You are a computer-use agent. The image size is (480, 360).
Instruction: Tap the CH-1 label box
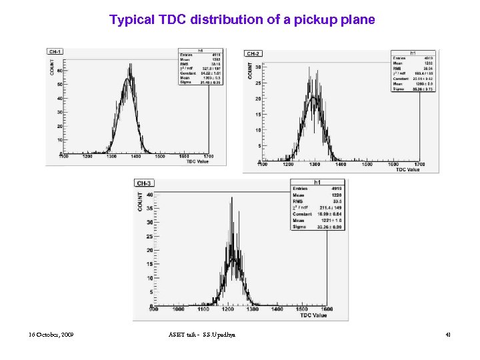coord(55,51)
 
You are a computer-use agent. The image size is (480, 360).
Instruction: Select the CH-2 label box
coord(254,53)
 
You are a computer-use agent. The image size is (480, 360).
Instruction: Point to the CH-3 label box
coord(145,183)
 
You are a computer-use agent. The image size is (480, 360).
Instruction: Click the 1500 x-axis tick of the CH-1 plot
coord(160,157)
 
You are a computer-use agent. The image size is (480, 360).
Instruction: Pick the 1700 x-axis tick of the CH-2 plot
coord(419,164)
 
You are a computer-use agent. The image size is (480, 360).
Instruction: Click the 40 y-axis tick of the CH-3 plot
coord(149,195)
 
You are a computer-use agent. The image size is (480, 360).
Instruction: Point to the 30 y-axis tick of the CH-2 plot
coord(258,67)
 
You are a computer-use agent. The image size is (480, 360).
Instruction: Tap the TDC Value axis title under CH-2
coord(407,169)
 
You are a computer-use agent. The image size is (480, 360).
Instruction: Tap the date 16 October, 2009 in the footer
coord(51,333)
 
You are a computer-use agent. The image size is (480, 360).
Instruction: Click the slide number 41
coord(448,333)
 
